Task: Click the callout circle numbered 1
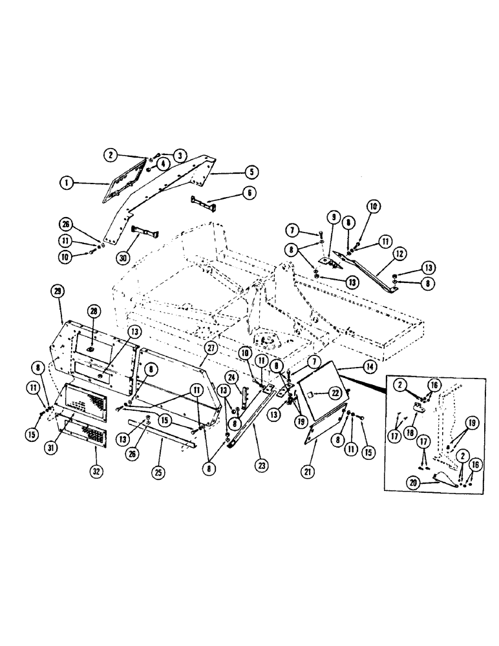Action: (66, 183)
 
